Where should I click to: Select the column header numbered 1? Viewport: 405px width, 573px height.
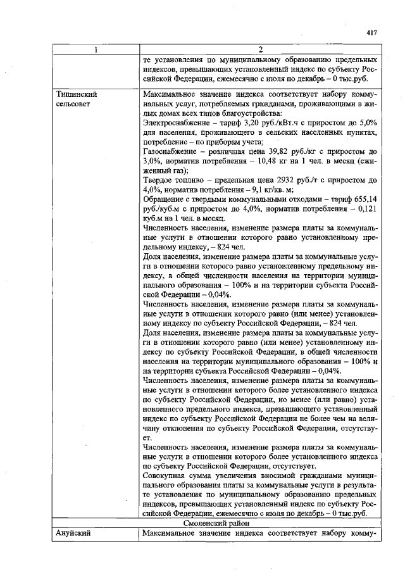(x=96, y=49)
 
